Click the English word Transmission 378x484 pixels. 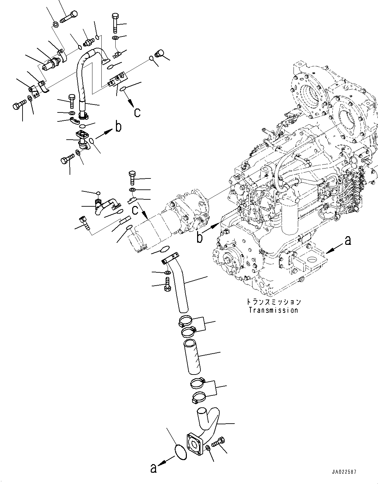[x=273, y=310]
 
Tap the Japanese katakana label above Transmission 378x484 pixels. [x=274, y=302]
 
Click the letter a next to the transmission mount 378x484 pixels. [x=348, y=241]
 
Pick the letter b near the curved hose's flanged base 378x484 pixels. [x=118, y=127]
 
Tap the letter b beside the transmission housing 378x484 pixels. [x=200, y=238]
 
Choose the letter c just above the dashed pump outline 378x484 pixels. [x=135, y=210]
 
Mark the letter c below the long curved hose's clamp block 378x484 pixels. [x=137, y=113]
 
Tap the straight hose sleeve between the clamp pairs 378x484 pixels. [x=192, y=358]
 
